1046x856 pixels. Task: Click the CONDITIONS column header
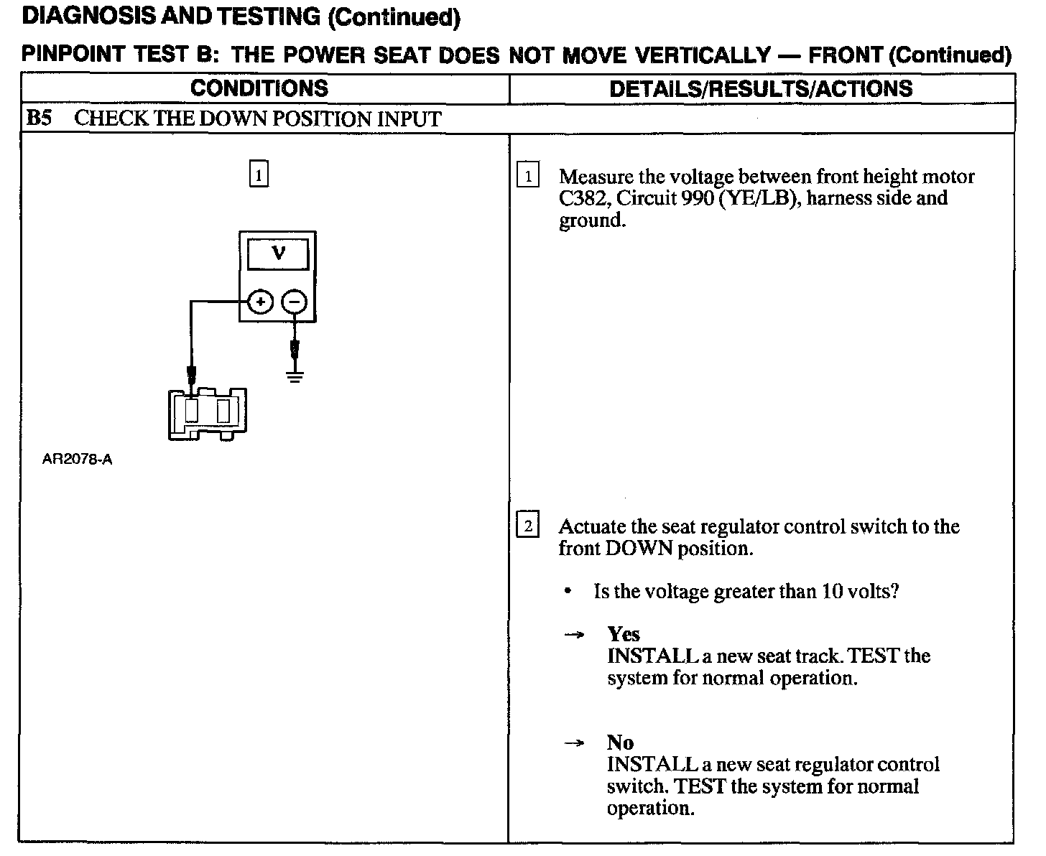[259, 88]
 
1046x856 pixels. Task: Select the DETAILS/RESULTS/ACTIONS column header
[761, 88]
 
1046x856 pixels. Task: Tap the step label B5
[39, 118]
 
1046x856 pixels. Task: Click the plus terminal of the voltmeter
[260, 302]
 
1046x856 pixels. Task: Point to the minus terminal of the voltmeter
[294, 302]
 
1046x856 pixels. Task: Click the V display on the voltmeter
[278, 254]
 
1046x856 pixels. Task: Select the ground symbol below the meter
[295, 376]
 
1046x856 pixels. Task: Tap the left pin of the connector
[192, 411]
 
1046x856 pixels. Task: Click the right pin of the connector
[223, 411]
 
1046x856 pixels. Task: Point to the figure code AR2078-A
[77, 460]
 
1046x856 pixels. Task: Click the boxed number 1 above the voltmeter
[259, 175]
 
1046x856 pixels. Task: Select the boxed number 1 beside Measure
[528, 176]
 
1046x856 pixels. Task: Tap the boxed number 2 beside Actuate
[528, 526]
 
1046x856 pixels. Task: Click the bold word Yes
[623, 634]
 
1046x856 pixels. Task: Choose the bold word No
[620, 743]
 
